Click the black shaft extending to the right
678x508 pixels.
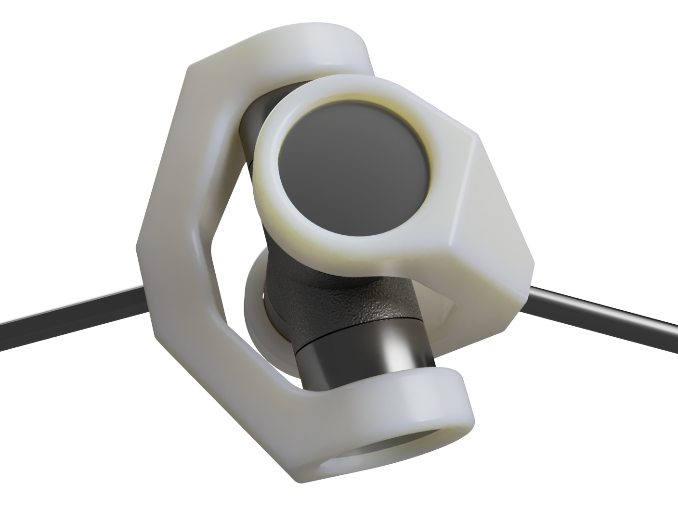[x=607, y=313]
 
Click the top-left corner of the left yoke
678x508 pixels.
[x=190, y=67]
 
